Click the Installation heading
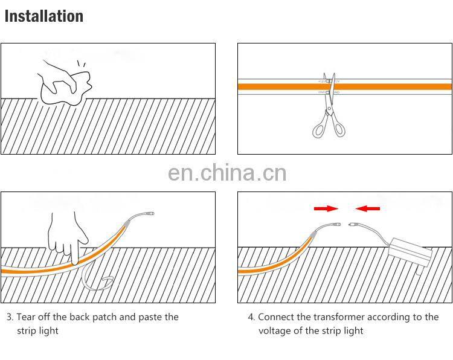click(x=43, y=16)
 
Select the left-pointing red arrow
click(x=368, y=208)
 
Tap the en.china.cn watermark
click(x=226, y=173)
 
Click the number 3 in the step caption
click(x=10, y=317)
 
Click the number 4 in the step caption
click(x=251, y=317)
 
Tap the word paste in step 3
click(x=151, y=317)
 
